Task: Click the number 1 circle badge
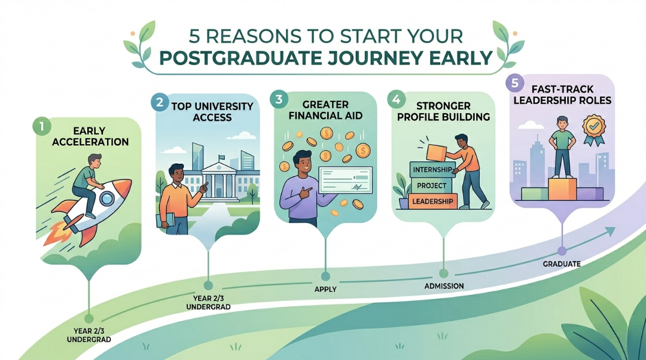tap(42, 126)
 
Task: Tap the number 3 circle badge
tap(280, 100)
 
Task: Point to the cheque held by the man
tap(346, 180)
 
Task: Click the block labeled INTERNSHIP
tap(432, 170)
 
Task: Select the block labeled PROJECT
tap(431, 185)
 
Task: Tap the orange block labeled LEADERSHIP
tap(432, 202)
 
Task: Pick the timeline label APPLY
tap(325, 289)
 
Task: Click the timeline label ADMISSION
tap(444, 286)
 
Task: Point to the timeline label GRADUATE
tap(562, 264)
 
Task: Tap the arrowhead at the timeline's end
tap(610, 231)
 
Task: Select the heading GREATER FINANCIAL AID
tap(325, 110)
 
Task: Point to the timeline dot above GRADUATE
tap(562, 251)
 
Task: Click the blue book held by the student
tap(165, 221)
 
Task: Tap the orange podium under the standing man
tap(562, 189)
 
